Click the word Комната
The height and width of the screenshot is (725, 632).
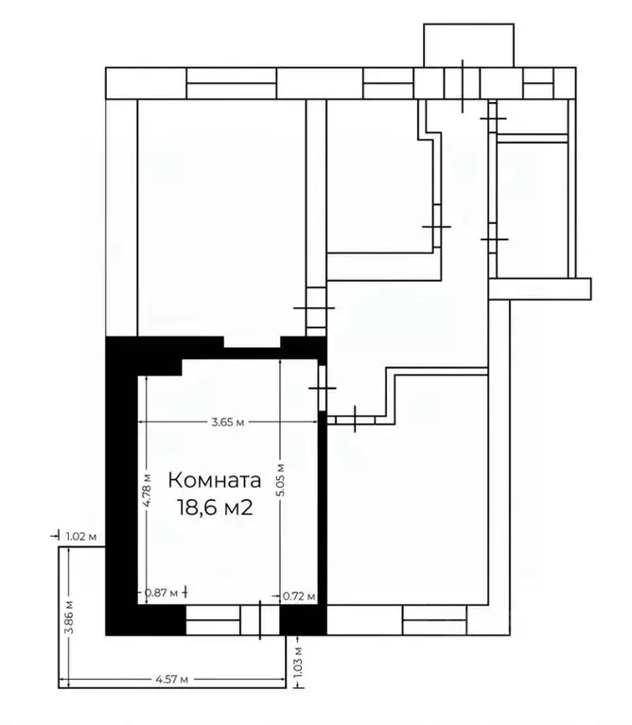pos(214,479)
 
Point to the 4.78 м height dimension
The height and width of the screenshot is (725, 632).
pos(149,490)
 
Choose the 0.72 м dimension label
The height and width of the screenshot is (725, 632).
pos(299,596)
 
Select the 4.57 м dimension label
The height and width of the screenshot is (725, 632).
pos(171,679)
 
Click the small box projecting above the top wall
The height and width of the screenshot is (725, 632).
pos(467,45)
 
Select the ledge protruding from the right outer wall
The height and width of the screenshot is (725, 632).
pos(540,287)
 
